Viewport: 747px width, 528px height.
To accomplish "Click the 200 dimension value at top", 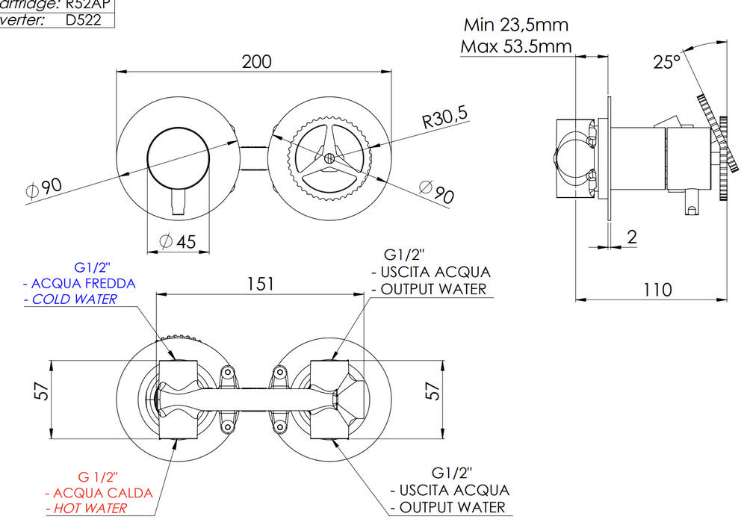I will pos(256,61).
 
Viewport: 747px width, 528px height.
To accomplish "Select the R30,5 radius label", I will pos(444,118).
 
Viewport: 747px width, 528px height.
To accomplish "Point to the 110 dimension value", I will pos(657,289).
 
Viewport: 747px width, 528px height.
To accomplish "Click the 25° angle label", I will pos(666,62).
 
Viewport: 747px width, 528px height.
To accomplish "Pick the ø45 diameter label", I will pos(177,241).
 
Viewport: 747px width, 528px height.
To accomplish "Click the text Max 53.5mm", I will pos(515,46).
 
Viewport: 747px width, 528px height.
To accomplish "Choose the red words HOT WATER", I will pos(86,509).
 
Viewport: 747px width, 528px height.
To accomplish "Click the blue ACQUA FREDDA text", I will pos(83,283).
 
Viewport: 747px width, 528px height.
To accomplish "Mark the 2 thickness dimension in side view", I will pos(632,237).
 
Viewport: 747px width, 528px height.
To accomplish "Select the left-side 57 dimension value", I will pos(42,391).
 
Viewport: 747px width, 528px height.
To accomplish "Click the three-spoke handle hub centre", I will pos(329,158).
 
